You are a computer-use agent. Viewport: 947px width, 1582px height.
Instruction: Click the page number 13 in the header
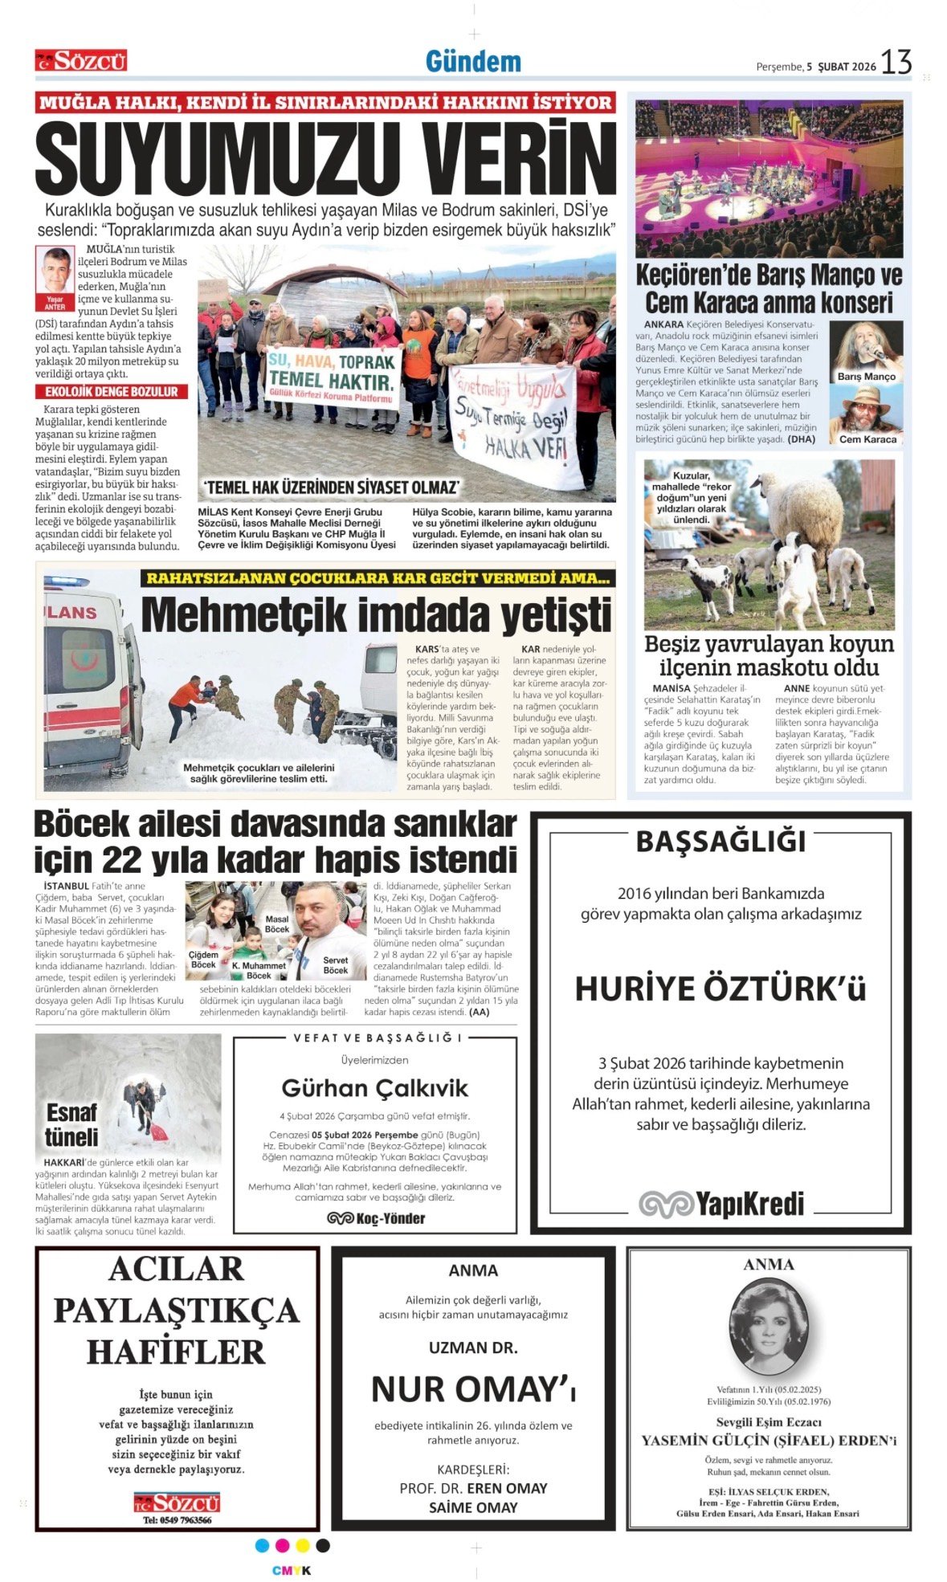point(896,62)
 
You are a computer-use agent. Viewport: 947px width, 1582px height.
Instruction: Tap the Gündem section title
point(473,61)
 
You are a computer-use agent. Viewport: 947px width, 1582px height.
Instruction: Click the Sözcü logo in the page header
point(80,61)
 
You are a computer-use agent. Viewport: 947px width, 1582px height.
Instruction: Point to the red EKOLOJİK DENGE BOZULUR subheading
point(112,392)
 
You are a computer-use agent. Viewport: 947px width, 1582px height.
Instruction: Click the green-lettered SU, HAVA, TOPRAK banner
point(332,373)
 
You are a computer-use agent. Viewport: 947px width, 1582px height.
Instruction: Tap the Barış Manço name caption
point(866,377)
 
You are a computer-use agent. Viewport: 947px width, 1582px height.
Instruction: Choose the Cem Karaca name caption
point(867,439)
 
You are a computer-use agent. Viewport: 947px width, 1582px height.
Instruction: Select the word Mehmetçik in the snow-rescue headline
point(242,616)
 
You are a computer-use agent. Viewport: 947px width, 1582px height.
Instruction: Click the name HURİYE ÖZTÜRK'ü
point(720,989)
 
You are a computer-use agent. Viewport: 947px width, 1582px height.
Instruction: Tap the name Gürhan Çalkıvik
point(374,1088)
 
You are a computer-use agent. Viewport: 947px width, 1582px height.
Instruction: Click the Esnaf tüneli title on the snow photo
point(71,1125)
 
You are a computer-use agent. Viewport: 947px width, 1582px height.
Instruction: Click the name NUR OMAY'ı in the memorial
point(473,1388)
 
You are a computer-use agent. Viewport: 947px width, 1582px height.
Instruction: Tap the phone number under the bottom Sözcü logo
point(178,1519)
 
